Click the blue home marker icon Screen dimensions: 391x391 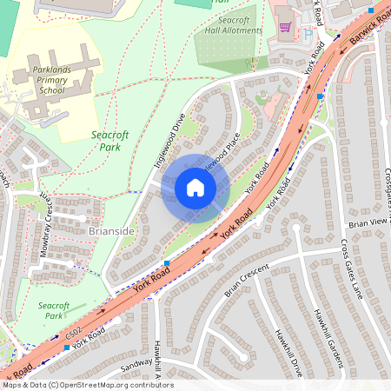195,188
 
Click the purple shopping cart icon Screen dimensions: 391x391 285,27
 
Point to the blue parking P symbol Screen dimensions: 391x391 307,36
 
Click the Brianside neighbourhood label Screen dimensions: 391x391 111,232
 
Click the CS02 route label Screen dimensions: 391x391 73,332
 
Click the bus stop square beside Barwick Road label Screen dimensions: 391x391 371,10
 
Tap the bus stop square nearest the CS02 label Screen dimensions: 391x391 67,348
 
